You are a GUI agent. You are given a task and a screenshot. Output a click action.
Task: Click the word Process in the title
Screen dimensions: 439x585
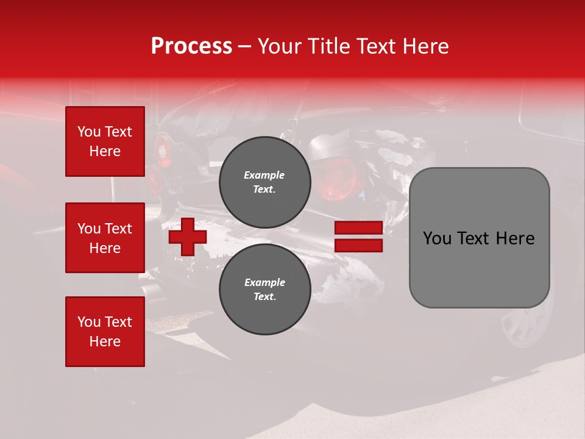click(x=191, y=46)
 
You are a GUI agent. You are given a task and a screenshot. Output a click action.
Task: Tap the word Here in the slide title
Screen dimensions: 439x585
click(x=425, y=46)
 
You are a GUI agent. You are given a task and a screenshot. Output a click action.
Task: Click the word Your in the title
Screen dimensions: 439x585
click(x=280, y=46)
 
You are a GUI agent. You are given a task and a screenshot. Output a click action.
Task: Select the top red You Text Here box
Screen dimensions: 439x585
click(x=105, y=141)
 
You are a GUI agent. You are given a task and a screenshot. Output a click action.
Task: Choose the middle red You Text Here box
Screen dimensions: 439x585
click(x=105, y=238)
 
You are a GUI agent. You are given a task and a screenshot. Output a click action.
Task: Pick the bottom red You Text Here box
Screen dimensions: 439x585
click(x=105, y=332)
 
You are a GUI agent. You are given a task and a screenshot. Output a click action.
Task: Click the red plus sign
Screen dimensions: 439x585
click(x=188, y=237)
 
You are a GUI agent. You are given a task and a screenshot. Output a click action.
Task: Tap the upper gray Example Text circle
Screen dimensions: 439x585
click(x=264, y=182)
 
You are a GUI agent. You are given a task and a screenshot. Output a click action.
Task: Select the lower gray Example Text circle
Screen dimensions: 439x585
click(x=264, y=290)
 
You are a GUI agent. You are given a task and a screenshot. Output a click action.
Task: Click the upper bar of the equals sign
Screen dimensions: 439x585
click(x=358, y=227)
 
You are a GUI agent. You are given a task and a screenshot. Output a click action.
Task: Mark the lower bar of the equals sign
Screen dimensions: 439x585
click(x=358, y=245)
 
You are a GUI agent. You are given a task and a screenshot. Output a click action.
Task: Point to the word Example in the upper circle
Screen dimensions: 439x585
click(x=264, y=175)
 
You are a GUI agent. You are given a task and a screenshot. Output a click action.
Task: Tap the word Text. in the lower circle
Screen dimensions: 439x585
click(x=264, y=297)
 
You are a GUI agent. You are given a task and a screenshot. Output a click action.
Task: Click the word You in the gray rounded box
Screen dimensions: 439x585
click(x=437, y=238)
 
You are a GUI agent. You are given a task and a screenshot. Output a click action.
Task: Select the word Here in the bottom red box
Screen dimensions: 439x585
click(x=105, y=341)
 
